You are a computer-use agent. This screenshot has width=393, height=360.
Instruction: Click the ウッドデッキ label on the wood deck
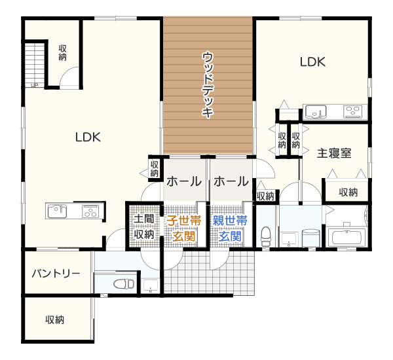(x=208, y=84)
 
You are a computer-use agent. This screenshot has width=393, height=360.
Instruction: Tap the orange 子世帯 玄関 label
(x=184, y=228)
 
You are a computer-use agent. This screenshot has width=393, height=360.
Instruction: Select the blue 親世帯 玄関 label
(x=230, y=228)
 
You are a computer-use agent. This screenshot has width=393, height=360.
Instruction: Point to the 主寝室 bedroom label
(x=334, y=153)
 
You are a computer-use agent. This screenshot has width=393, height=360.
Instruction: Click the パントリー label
(x=56, y=274)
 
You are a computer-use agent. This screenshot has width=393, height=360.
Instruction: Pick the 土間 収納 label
(x=144, y=227)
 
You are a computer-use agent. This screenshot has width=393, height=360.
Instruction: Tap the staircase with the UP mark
(x=35, y=65)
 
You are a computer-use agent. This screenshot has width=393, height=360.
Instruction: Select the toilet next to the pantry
(x=124, y=284)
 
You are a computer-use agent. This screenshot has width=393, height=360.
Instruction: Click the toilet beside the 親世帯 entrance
(x=266, y=237)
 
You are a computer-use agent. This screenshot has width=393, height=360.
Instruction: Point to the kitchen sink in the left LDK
(x=57, y=211)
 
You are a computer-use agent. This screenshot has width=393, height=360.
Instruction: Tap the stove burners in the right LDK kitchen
(x=353, y=112)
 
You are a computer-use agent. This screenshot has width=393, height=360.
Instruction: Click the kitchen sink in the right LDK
(x=316, y=112)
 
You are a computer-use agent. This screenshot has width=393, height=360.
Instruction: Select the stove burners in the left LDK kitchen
(x=90, y=211)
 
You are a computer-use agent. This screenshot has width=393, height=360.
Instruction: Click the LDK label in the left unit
(x=88, y=137)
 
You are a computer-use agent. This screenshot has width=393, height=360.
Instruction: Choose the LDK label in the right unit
(x=313, y=62)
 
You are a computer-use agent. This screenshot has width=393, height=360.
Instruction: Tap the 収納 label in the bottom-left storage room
(x=55, y=319)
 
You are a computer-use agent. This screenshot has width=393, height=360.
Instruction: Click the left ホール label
(x=184, y=181)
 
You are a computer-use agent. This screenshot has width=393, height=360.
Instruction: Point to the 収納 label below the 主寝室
(x=348, y=192)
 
